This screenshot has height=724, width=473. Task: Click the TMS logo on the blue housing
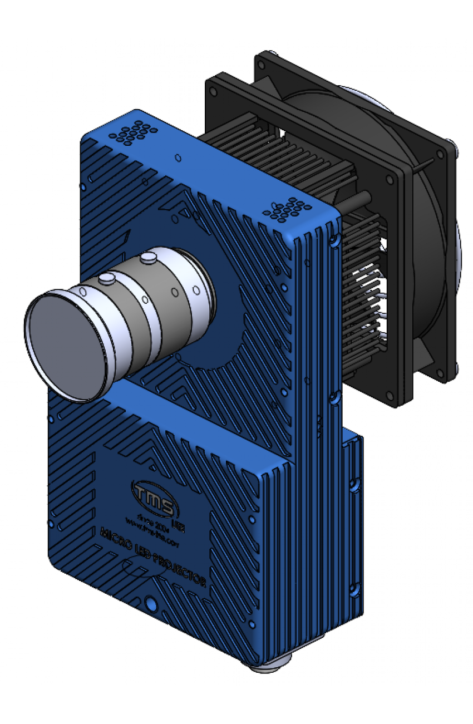coord(154,493)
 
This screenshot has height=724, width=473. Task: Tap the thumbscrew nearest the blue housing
coord(149,258)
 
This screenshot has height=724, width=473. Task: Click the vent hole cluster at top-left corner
coord(132,132)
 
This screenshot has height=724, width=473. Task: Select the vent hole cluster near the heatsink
coord(288,209)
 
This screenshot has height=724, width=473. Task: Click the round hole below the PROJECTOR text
coord(150,604)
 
